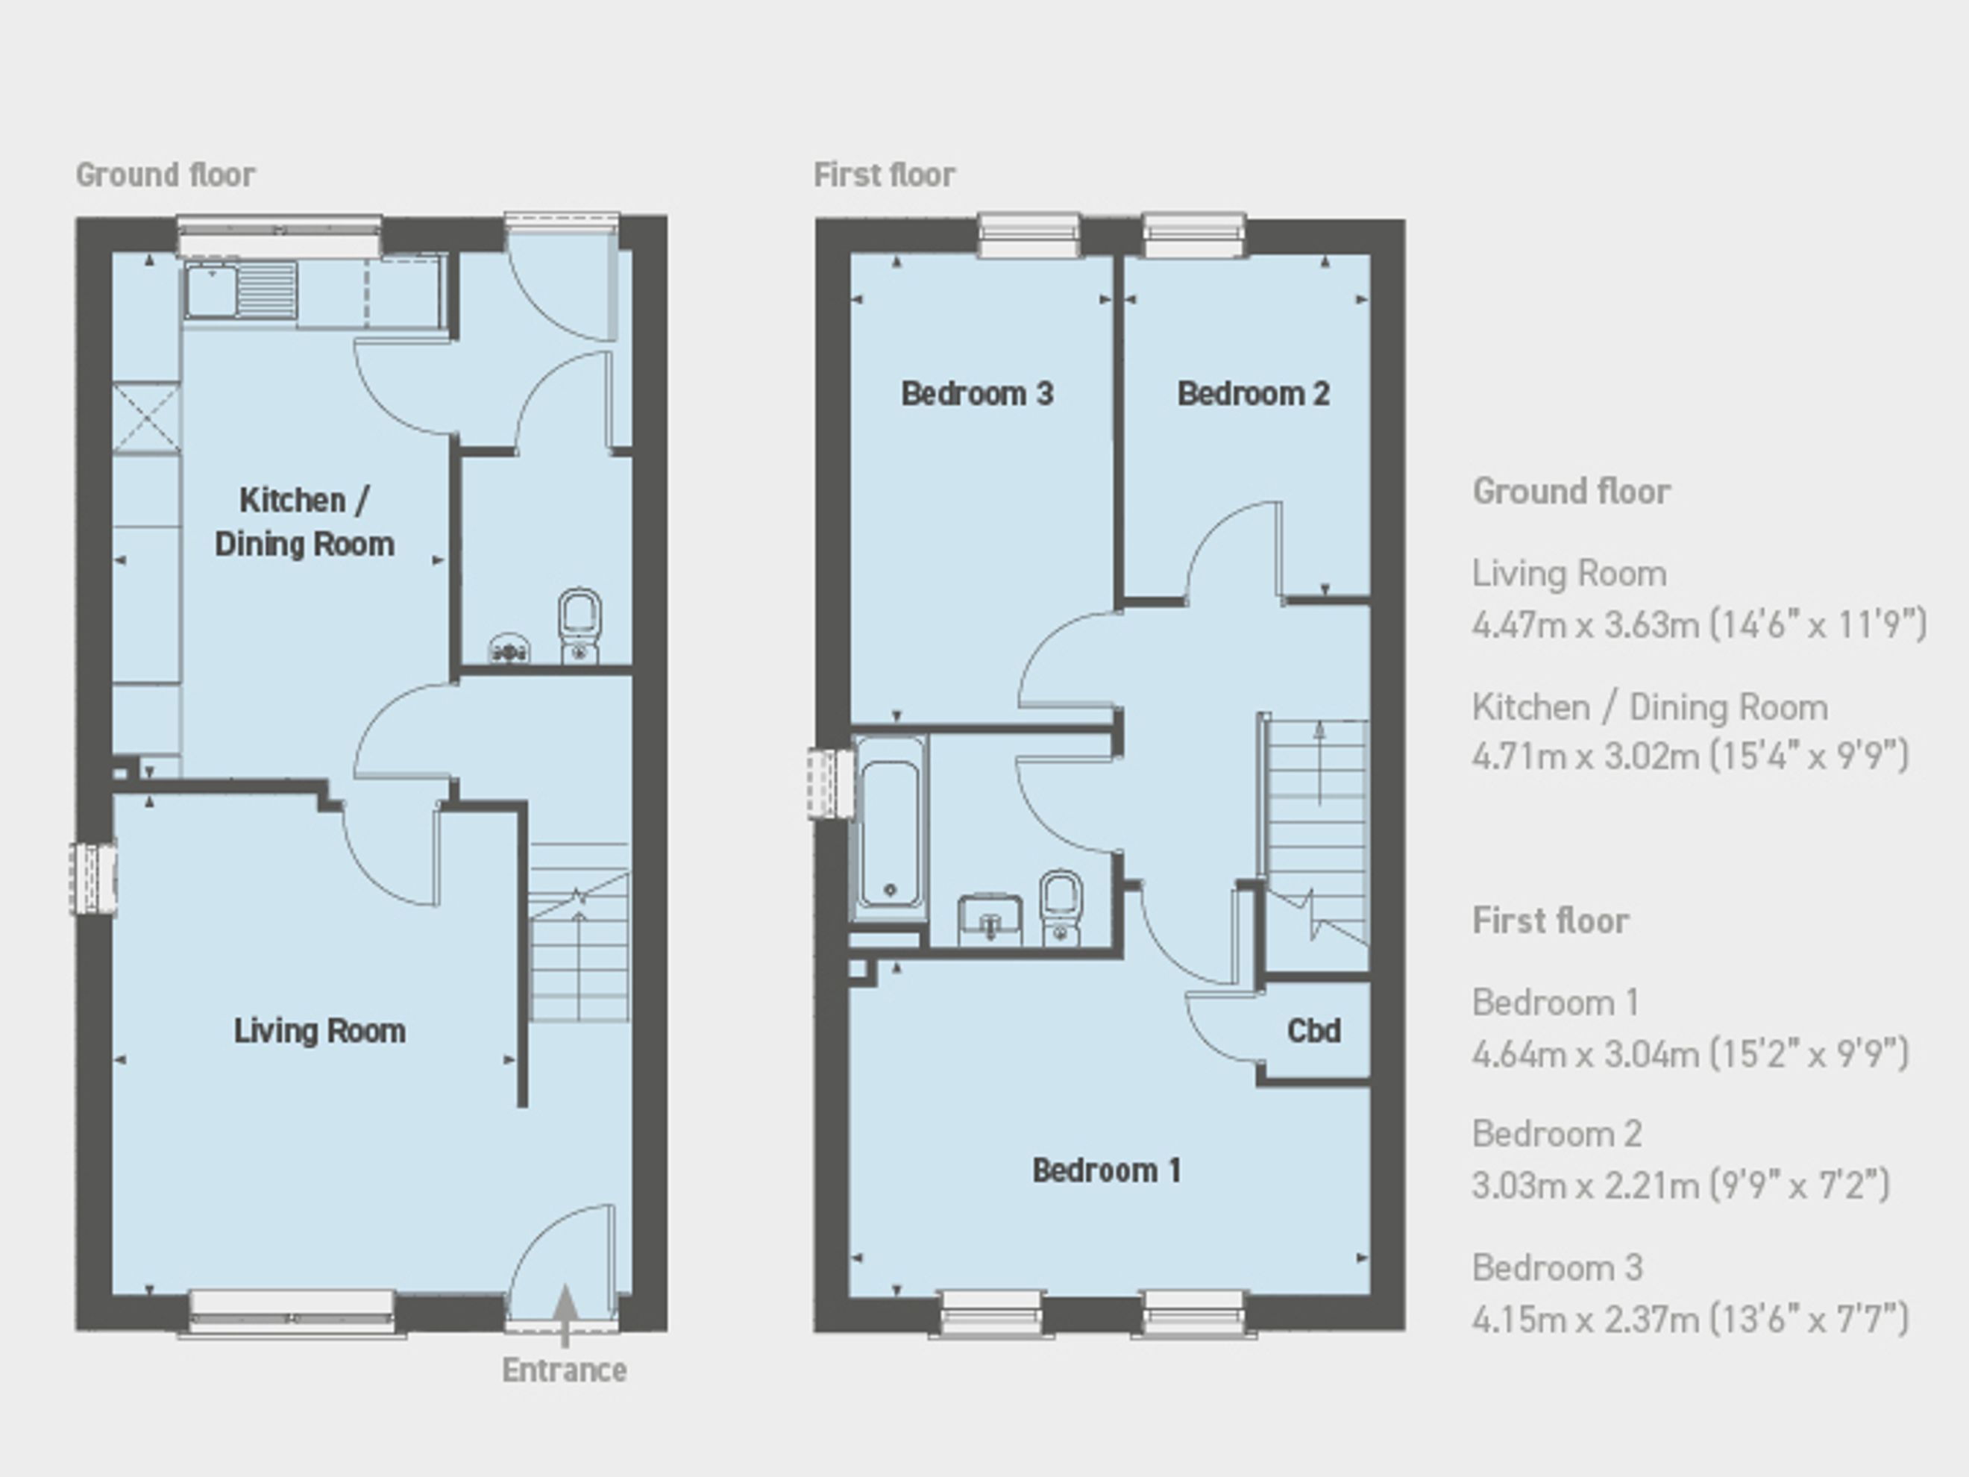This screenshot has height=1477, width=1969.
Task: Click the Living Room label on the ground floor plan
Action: tap(319, 1031)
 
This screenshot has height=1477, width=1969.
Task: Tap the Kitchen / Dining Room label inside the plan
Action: tap(304, 521)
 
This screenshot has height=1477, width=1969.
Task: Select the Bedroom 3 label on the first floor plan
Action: tap(977, 394)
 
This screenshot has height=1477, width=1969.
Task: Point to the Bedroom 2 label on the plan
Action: tap(1253, 394)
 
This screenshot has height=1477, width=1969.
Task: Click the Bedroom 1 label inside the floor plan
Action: tap(1107, 1170)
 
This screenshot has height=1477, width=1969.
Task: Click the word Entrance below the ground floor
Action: tap(565, 1370)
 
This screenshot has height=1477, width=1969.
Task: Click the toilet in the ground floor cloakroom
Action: tap(580, 625)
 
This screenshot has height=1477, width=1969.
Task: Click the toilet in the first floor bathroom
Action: tap(1060, 907)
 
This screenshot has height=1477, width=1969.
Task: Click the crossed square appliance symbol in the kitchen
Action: tap(147, 418)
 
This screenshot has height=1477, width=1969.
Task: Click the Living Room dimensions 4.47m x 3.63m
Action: tap(1699, 624)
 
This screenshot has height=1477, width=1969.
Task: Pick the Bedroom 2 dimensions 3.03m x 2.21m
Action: tap(1680, 1185)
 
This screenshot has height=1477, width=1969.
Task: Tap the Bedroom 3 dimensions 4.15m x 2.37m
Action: tap(1690, 1319)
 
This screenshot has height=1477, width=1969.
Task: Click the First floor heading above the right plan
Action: tap(884, 175)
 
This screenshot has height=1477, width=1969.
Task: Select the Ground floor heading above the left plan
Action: tap(166, 175)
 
